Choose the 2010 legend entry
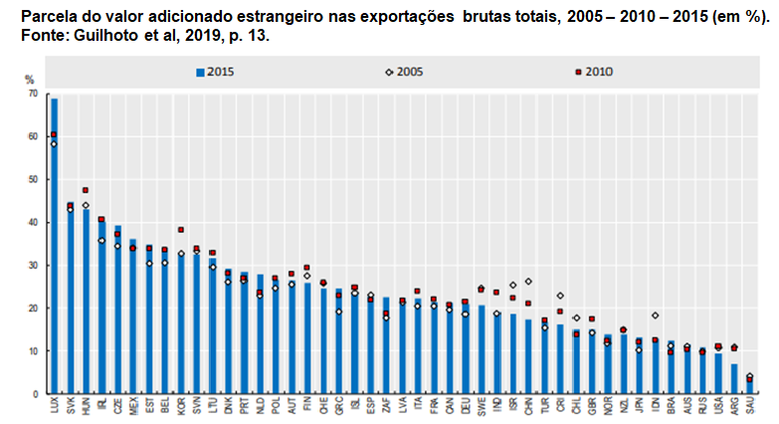tap(592, 71)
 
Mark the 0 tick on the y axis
tap(36, 393)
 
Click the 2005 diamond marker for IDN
tap(655, 316)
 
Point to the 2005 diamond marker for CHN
tap(528, 282)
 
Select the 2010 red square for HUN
tap(86, 190)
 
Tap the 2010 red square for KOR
tap(181, 229)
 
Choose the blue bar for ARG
tap(734, 378)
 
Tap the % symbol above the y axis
tap(30, 80)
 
